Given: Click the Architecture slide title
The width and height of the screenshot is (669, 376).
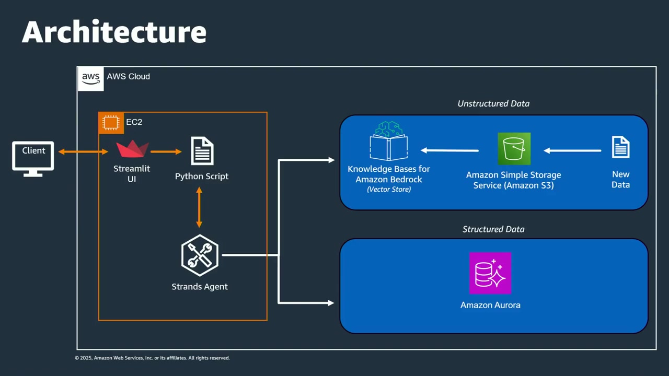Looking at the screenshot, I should (114, 32).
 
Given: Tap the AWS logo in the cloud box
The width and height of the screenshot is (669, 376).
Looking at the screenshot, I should (90, 79).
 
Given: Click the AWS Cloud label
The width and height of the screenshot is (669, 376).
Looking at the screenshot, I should (128, 76).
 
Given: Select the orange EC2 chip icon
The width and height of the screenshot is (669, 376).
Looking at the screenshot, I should (111, 123).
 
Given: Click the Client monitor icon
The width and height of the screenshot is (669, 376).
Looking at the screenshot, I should (33, 158).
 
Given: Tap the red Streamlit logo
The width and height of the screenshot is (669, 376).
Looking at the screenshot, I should (132, 149).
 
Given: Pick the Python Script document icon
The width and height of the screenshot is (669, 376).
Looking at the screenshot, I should (202, 150).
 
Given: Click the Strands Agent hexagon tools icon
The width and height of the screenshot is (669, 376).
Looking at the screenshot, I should (199, 255).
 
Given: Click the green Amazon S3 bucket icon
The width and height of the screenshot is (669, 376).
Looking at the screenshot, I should (514, 149).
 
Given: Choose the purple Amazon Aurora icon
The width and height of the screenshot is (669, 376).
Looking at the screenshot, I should (490, 273).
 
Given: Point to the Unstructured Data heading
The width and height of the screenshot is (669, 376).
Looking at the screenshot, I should (493, 103).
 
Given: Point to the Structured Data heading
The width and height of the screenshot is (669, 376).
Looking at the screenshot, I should (493, 229).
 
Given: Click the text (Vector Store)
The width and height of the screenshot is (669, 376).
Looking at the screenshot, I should (388, 190).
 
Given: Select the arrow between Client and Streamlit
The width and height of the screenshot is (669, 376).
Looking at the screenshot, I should (83, 152).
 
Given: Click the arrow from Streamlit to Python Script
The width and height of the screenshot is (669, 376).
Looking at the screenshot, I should (166, 152).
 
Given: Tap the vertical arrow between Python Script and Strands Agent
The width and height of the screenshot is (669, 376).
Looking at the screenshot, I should (199, 207).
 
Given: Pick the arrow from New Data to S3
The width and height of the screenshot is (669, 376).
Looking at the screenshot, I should (572, 151).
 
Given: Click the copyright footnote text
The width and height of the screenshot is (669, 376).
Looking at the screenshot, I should (152, 358).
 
